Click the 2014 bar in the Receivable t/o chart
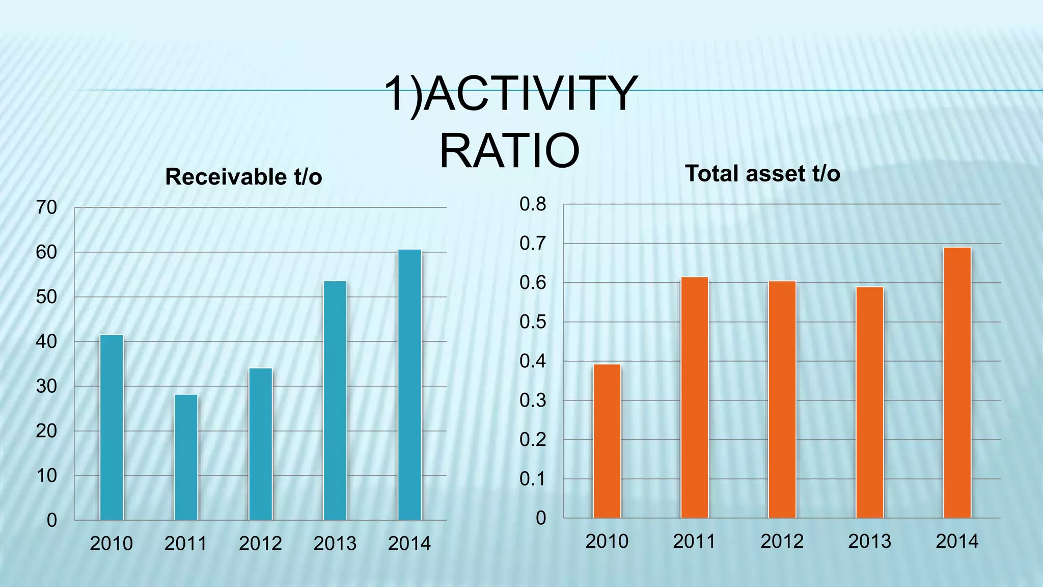[409, 385]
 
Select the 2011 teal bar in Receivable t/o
[186, 457]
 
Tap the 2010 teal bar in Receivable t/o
[112, 427]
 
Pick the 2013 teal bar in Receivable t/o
[335, 401]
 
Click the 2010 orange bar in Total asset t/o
[607, 441]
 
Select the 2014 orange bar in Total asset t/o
[957, 382]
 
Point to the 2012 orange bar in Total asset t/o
[782, 399]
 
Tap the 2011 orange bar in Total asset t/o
[695, 397]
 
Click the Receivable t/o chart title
[243, 177]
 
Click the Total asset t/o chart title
[762, 174]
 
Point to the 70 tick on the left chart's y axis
[46, 208]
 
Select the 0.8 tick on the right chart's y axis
[533, 204]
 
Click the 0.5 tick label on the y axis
[533, 322]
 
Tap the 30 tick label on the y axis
[46, 387]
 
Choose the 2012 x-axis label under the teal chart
[260, 544]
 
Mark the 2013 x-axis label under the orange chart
[869, 541]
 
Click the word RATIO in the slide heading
[509, 151]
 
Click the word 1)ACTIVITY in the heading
[509, 94]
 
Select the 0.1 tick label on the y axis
[533, 479]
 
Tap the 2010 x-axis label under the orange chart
[607, 541]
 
